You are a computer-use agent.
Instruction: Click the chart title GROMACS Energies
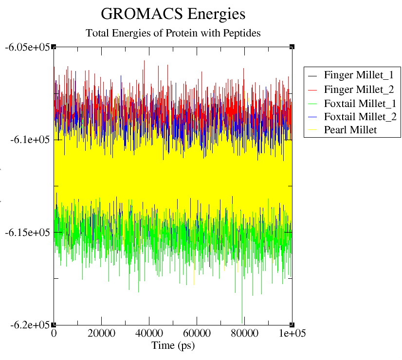click(x=173, y=14)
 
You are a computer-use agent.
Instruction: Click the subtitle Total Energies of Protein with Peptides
click(x=173, y=34)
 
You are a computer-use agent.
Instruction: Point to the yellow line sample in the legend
click(x=313, y=130)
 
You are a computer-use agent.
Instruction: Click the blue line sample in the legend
click(x=313, y=117)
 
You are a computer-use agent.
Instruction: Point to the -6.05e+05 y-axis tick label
click(x=27, y=47)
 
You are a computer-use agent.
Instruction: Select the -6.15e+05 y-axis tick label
click(x=27, y=233)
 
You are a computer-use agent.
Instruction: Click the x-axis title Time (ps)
click(x=173, y=345)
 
